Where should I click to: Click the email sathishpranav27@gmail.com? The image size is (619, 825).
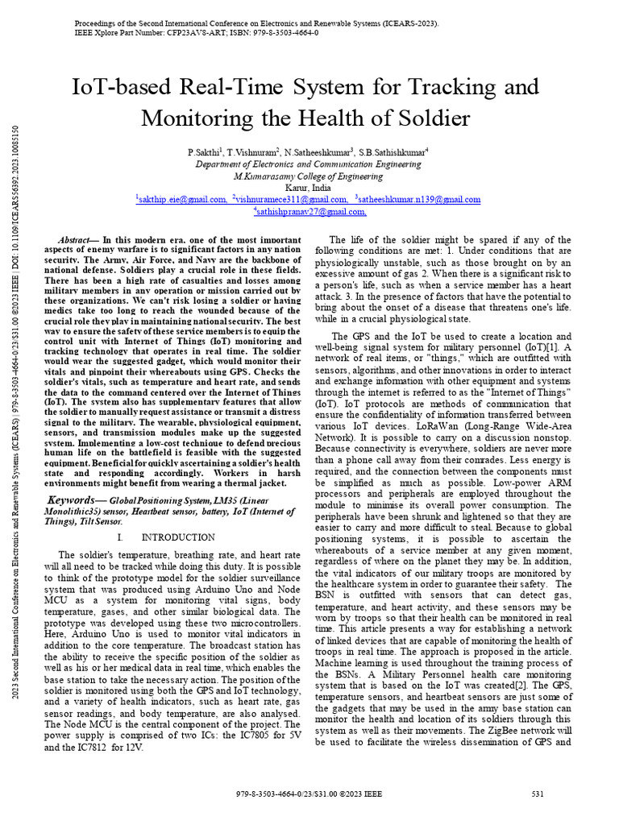[x=310, y=212]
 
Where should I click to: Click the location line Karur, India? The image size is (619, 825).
[x=309, y=187]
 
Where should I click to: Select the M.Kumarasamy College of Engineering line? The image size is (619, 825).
[x=309, y=175]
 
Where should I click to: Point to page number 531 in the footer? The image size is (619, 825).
[x=538, y=794]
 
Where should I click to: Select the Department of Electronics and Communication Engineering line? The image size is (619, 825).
[x=309, y=163]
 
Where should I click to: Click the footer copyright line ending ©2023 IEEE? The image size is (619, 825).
[x=309, y=794]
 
